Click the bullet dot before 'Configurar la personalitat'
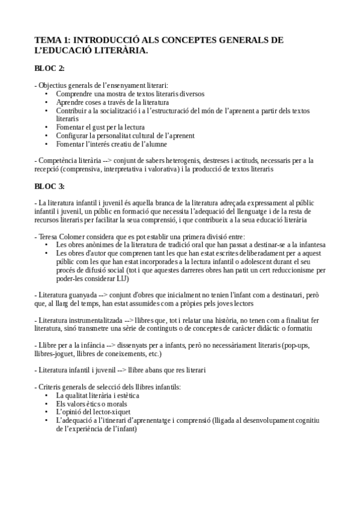coord(47,136)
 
